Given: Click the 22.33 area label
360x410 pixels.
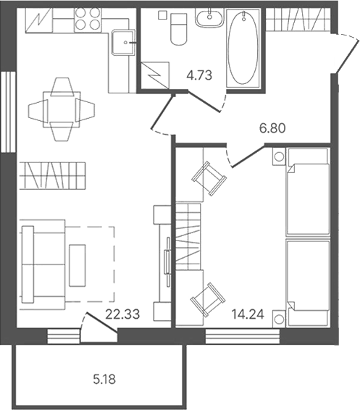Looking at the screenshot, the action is [122, 314].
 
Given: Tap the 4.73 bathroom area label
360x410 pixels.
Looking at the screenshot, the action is [199, 75].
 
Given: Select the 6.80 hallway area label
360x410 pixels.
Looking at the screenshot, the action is [272, 128].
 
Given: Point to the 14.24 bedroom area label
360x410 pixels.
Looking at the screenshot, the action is [248, 314].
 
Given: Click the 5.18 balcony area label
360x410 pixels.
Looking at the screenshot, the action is [104, 379].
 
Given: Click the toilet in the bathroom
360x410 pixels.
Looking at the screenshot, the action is [179, 29].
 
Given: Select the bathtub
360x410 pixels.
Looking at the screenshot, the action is [243, 49].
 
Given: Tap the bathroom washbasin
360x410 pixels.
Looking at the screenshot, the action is [209, 17].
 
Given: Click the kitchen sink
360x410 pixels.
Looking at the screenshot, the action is [122, 43].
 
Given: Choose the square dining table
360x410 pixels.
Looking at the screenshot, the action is [62, 109].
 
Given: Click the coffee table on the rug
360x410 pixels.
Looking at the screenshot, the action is [78, 265].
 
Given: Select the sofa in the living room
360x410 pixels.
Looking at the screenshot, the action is [42, 264].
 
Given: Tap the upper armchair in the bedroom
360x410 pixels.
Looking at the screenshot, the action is [209, 178].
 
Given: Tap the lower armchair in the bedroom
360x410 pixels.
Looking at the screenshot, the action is [208, 299].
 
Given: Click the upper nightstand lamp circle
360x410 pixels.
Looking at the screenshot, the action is [279, 157].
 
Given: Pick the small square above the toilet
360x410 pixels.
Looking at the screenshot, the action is [162, 15].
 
